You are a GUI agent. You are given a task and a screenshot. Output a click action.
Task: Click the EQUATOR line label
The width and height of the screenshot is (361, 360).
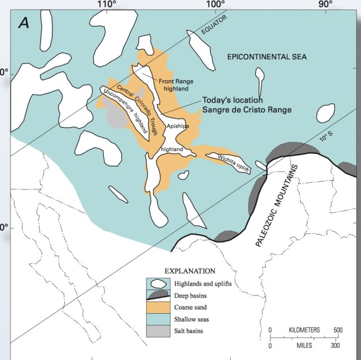coord(211,24)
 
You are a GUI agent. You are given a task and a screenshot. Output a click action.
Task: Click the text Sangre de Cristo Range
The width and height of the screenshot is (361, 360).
coord(247,109)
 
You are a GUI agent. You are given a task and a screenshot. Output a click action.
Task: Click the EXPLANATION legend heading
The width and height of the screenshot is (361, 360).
coord(190,271)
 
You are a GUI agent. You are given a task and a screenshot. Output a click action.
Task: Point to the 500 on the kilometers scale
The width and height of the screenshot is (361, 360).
coord(337,330)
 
